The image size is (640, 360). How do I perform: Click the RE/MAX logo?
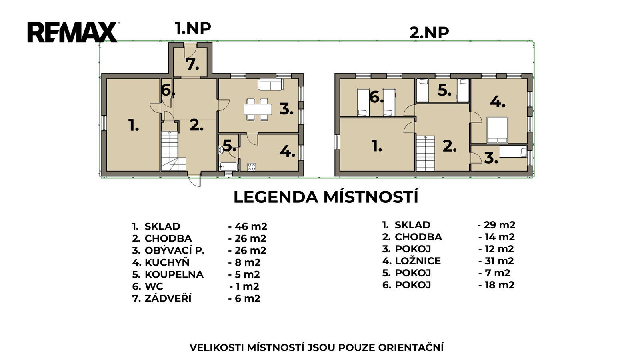[x=72, y=32]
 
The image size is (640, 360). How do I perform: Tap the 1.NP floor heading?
[x=193, y=28]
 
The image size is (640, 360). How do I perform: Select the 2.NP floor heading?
[x=429, y=33]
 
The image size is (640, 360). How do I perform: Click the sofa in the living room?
[x=270, y=84]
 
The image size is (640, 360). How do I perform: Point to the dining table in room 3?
[x=258, y=109]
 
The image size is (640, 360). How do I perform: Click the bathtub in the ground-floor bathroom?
[x=228, y=166]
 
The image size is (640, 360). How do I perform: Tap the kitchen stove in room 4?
[x=252, y=167]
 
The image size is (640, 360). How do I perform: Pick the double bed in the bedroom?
[x=498, y=130]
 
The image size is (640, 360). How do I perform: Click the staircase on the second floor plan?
[x=425, y=154]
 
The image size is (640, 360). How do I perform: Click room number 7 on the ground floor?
[x=192, y=64]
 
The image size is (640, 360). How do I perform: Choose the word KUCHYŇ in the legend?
[x=167, y=262]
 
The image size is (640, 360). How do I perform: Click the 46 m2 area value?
[x=250, y=226]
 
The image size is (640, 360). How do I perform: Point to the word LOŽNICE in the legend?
[x=418, y=261]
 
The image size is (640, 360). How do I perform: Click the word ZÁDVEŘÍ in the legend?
[x=168, y=298]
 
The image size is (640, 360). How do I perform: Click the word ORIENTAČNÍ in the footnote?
[x=411, y=348]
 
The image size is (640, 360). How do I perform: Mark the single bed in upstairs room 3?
[x=513, y=152]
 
